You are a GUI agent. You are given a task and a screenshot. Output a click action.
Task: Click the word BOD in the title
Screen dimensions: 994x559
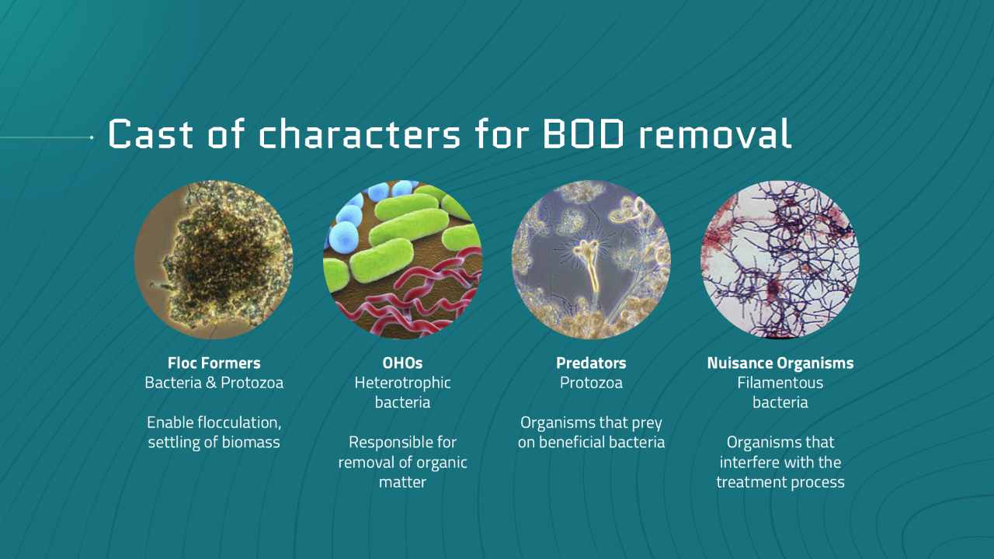583,134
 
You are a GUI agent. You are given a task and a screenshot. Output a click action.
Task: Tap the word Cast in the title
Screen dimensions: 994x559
151,134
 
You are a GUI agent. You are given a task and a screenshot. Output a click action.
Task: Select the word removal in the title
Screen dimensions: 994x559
715,134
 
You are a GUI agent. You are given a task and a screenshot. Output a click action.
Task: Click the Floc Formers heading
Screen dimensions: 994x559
214,363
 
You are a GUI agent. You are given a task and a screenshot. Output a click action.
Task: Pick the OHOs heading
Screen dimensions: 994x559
402,363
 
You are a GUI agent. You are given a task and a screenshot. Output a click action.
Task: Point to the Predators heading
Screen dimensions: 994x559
591,363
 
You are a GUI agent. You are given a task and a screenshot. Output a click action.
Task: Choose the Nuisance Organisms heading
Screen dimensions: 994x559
780,363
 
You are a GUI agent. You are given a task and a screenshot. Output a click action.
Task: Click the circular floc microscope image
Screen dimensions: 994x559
214,259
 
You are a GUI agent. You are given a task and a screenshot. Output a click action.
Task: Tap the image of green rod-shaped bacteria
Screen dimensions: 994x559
402,259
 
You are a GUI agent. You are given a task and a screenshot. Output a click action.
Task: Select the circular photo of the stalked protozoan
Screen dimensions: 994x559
591,259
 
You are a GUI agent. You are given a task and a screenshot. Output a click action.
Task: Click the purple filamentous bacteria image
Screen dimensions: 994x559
780,259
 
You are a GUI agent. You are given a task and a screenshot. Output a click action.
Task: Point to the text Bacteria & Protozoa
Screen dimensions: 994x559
214,383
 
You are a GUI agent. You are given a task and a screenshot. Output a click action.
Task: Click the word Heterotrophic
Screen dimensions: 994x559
402,383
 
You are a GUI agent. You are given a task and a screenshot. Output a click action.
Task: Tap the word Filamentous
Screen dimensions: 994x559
780,383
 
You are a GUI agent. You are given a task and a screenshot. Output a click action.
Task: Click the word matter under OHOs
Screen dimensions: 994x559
402,482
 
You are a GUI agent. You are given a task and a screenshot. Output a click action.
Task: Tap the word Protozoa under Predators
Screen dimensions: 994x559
591,383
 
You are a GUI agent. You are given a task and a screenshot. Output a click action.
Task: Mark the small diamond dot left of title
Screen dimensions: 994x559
92,137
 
